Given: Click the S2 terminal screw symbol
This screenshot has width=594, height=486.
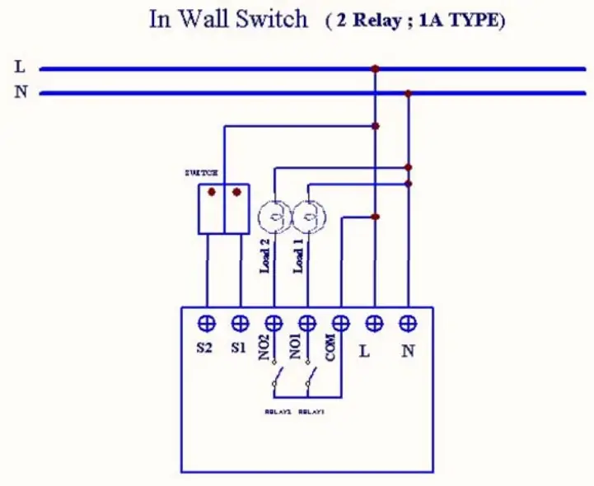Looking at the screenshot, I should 206,322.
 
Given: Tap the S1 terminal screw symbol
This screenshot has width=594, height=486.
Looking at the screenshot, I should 240,322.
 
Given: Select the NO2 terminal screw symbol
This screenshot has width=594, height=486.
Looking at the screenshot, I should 274,322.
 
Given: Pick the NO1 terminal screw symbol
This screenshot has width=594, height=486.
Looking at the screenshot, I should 307,322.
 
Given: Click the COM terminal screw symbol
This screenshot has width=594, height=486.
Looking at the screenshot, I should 340,322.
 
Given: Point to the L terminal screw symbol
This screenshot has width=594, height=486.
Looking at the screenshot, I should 374,322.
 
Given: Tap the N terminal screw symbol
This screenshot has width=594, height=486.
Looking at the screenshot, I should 408,322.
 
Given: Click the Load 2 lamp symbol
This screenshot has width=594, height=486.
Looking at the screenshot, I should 274,217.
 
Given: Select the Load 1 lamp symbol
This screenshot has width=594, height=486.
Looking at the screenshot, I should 308,217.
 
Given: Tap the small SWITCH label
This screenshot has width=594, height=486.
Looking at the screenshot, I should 201,173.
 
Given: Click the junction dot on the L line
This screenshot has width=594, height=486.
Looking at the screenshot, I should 375,68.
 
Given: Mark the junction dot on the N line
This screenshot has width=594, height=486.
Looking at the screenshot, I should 408,93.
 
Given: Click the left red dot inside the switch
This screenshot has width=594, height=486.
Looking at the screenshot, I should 212,193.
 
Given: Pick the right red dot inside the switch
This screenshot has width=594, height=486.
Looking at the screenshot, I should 237,193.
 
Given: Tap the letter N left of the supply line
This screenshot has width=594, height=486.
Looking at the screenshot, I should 21,92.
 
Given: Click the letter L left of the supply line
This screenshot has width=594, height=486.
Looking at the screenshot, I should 20,67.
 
